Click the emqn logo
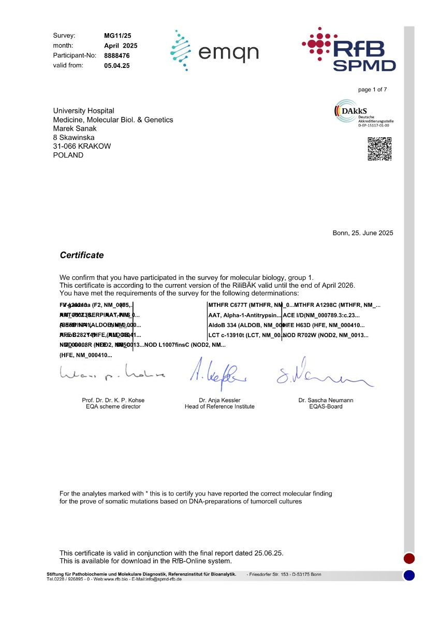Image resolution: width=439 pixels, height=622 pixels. tap(214, 50)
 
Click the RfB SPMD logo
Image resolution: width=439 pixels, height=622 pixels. tap(349, 49)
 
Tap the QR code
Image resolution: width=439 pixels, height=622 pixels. tap(379, 149)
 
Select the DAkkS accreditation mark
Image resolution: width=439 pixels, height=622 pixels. tap(364, 114)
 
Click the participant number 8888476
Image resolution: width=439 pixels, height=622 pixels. tap(117, 55)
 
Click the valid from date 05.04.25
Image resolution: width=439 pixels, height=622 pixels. tap(117, 66)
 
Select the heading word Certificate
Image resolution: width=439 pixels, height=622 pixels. tap(82, 256)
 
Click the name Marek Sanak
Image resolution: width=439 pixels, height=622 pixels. tap(75, 129)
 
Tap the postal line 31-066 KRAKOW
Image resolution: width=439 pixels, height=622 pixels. tap(82, 146)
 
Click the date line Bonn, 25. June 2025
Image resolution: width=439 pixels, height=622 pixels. tap(362, 233)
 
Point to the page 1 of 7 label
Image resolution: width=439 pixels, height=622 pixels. tap(372, 90)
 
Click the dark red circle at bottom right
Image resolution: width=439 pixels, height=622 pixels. tap(409, 558)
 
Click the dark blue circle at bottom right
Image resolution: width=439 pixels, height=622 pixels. tap(409, 575)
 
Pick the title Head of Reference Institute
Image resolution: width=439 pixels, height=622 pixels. tap(220, 407)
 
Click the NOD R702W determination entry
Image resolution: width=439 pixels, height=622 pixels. tap(326, 335)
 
